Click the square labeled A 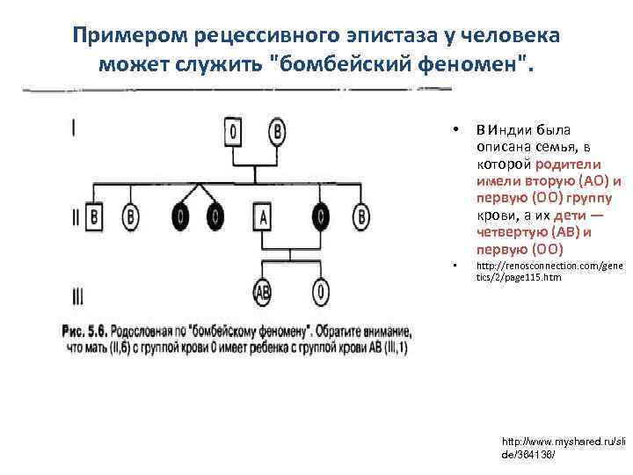262,216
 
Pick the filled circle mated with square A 321,216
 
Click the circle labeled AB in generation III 262,291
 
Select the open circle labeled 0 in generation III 321,291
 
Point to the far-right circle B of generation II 361,216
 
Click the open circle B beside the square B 131,216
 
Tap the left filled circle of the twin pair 181,216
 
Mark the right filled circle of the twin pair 214,216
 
